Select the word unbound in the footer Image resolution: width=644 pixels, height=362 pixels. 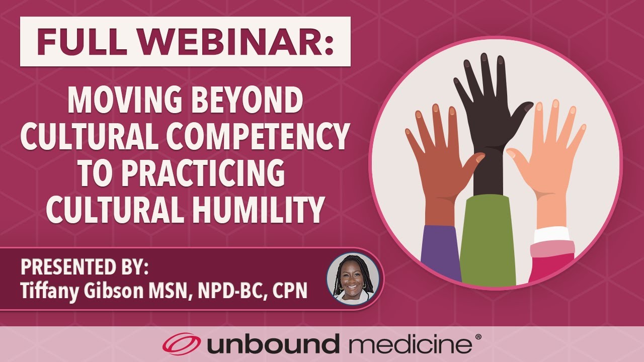[x=272, y=345]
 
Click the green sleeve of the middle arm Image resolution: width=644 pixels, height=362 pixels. [x=487, y=241]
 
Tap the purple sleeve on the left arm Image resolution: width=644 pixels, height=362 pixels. [x=440, y=251]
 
